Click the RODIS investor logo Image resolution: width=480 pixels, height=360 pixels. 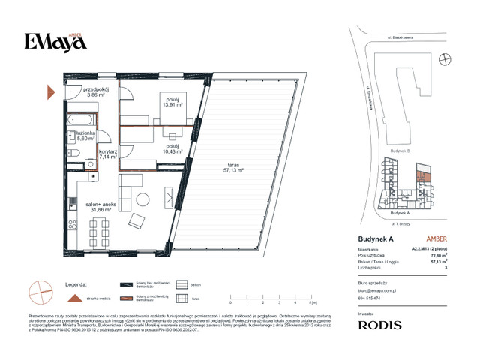(380, 325)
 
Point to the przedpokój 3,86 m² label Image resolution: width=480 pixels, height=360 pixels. (92, 92)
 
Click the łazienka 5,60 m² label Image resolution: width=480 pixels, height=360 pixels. (84, 136)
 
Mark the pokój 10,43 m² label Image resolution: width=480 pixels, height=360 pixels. (172, 149)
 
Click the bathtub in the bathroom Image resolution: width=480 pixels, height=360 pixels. (79, 119)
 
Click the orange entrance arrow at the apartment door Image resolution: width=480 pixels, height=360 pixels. (51, 92)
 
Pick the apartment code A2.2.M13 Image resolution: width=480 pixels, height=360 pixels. (430, 248)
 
